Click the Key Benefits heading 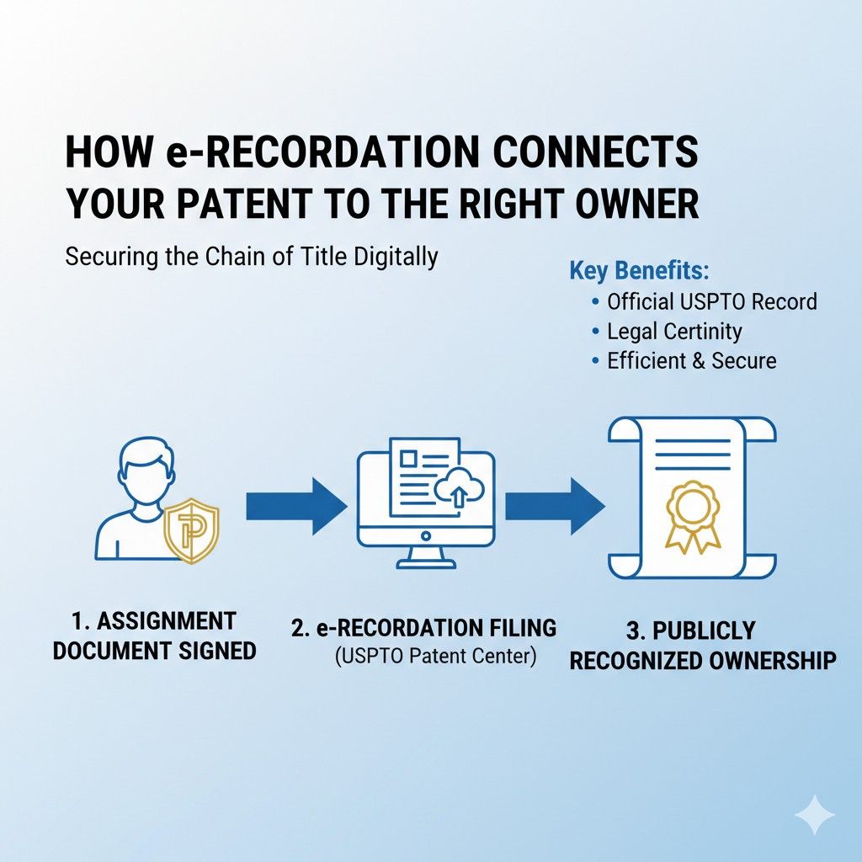tap(639, 271)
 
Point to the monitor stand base tap(426, 561)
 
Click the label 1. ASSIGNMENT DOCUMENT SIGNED tap(154, 636)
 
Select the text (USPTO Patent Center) tap(435, 657)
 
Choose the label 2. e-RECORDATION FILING tap(423, 628)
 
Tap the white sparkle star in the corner tap(814, 815)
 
